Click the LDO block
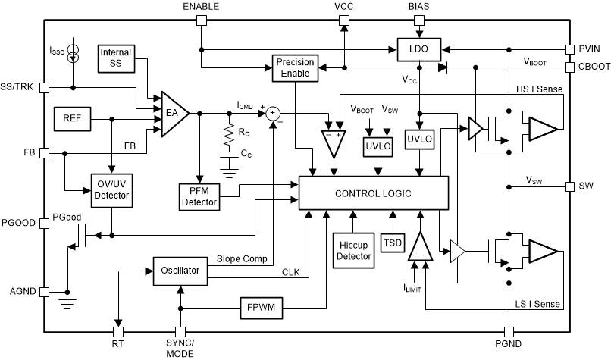tap(419, 49)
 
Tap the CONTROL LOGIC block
tap(374, 194)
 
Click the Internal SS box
tap(116, 58)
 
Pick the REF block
tap(73, 118)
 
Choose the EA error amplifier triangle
tap(172, 114)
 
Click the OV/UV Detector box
tap(111, 190)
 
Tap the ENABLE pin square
tap(201, 20)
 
